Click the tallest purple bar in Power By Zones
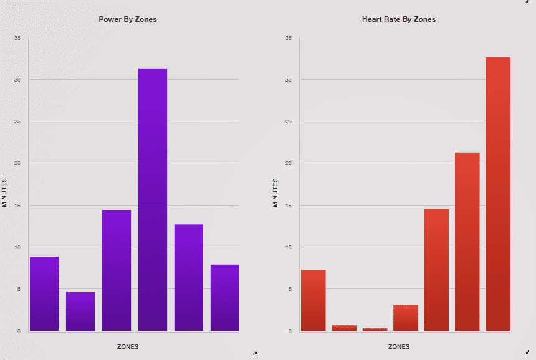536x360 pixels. point(153,199)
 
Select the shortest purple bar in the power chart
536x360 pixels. point(80,311)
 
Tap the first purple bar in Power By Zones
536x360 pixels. point(44,293)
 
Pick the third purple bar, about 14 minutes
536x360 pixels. point(117,270)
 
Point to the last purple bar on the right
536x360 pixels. point(225,298)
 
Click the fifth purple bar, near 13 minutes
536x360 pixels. point(189,277)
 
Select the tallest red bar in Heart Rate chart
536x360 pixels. point(498,194)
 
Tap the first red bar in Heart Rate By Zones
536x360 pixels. point(313,300)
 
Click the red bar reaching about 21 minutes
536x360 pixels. point(467,242)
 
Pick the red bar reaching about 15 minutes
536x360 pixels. point(436,270)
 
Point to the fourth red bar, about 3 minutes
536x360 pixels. point(406,318)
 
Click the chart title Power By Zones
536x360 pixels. point(128,19)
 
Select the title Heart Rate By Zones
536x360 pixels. point(399,19)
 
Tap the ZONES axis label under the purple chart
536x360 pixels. point(128,346)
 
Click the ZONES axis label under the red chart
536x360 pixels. point(399,346)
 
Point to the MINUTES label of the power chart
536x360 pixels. point(4,192)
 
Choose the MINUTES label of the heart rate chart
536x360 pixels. point(275,192)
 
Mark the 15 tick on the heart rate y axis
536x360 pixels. point(288,205)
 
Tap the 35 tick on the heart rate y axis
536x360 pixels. point(288,38)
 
